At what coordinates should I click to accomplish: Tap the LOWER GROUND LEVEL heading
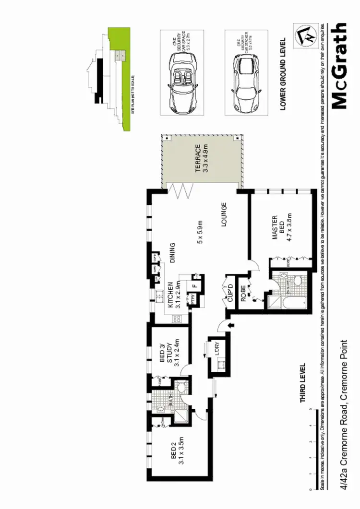pos(283,74)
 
